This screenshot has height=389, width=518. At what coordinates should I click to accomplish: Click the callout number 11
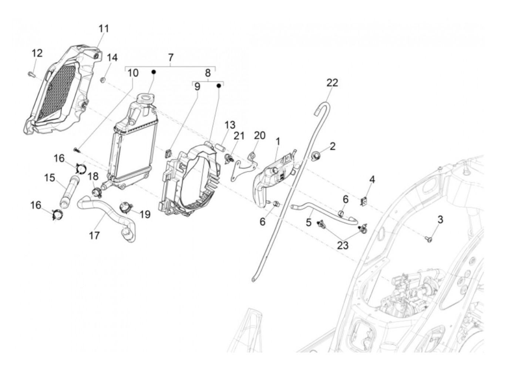click(x=104, y=28)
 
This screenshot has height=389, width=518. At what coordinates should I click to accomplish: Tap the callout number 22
click(x=332, y=82)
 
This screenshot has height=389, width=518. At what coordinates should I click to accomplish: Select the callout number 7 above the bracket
click(x=171, y=58)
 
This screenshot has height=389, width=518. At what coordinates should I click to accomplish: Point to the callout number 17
click(x=94, y=235)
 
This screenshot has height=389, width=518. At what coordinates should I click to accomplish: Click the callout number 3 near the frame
click(x=440, y=220)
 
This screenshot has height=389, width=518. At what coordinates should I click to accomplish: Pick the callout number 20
click(x=259, y=136)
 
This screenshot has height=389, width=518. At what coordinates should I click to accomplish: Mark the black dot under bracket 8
click(x=219, y=86)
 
